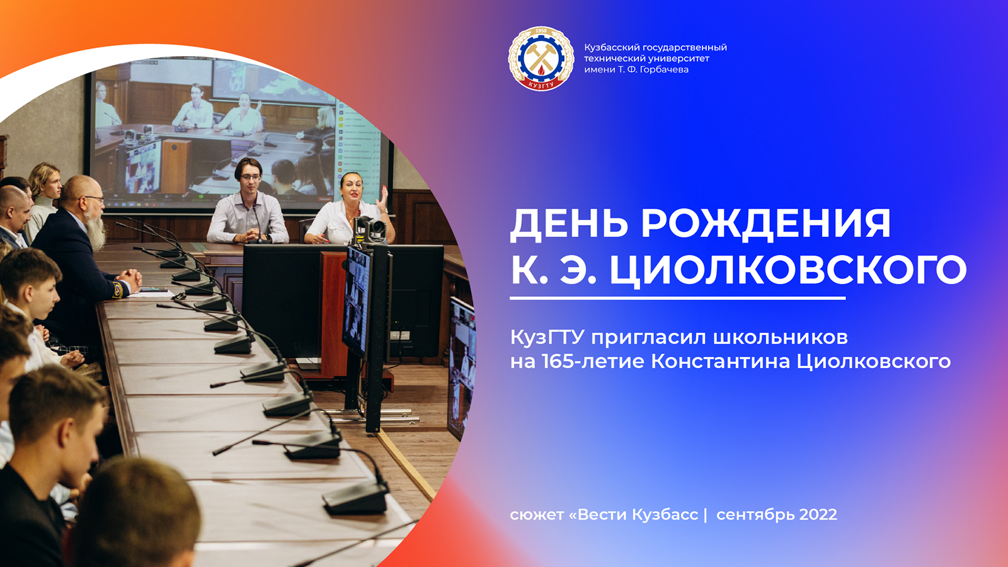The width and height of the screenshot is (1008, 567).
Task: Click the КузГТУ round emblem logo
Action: pyautogui.click(x=541, y=59)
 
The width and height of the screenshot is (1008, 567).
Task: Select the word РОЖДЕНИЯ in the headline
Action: pyautogui.click(x=765, y=224)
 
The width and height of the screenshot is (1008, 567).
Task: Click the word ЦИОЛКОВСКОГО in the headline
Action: pyautogui.click(x=787, y=270)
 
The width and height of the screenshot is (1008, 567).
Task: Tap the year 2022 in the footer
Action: pyautogui.click(x=818, y=515)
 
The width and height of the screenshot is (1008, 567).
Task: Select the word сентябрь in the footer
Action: pyautogui.click(x=755, y=515)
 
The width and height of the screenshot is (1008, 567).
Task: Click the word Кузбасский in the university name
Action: pyautogui.click(x=612, y=47)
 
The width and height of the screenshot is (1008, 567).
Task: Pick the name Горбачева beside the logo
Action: pyautogui.click(x=664, y=69)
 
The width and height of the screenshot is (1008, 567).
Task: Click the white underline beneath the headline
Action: pyautogui.click(x=677, y=298)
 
